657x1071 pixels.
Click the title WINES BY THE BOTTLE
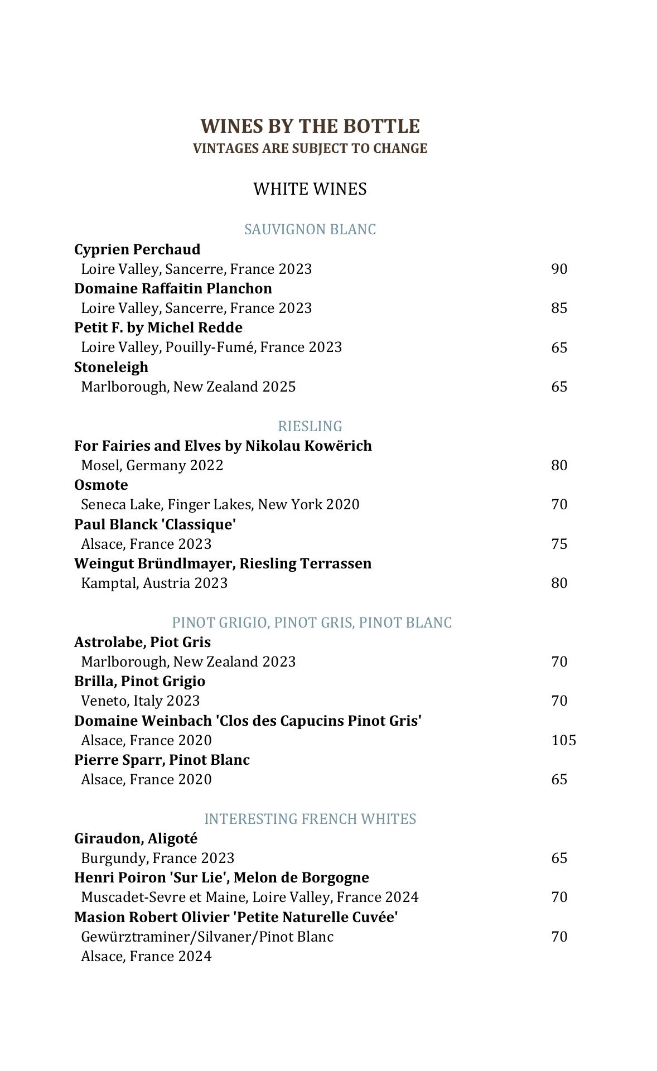tap(310, 126)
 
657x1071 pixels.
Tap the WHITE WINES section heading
tap(310, 189)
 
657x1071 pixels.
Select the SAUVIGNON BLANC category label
tap(310, 229)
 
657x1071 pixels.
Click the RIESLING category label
tap(310, 426)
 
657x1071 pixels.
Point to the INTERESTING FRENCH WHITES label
tap(310, 819)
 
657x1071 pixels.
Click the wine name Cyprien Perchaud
tap(137, 249)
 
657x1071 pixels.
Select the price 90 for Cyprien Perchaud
tap(559, 269)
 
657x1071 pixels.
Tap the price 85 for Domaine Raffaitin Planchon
tap(559, 308)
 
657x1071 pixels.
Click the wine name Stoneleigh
tap(112, 367)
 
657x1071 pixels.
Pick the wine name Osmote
tap(101, 485)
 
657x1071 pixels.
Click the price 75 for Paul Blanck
tap(559, 544)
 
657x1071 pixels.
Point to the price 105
tap(563, 740)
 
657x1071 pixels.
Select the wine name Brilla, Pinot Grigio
tap(140, 681)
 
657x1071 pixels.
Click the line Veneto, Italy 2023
tap(141, 701)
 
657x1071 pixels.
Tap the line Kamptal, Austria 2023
tap(154, 583)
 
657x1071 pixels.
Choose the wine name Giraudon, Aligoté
tap(136, 838)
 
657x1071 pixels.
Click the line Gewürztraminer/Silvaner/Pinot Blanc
tap(207, 937)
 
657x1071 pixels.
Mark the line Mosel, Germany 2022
tap(152, 465)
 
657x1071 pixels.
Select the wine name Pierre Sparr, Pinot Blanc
tap(162, 760)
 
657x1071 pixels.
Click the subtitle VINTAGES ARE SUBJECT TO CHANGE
tap(310, 148)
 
